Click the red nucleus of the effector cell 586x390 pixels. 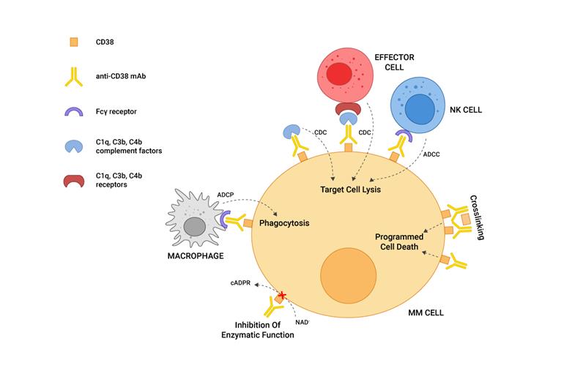338,74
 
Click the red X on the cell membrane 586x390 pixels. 281,296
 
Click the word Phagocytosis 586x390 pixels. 282,223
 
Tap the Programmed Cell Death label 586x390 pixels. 400,241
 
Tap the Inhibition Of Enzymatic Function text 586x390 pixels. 258,330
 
